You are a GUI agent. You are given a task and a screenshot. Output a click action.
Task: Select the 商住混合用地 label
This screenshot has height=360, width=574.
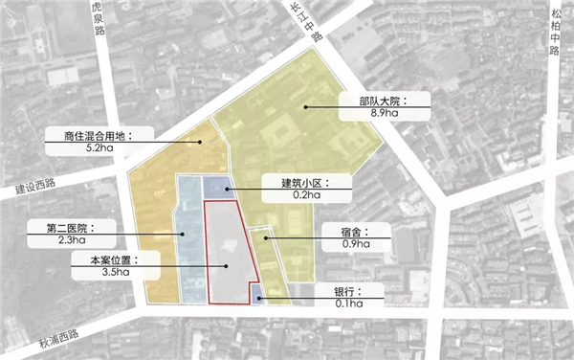(x=91, y=135)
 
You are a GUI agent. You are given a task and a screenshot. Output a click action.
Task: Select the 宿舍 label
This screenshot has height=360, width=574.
(x=351, y=231)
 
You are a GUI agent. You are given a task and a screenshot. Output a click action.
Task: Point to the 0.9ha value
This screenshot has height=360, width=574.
(x=352, y=244)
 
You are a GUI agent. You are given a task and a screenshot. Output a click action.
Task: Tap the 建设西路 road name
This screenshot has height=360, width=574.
(x=36, y=186)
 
